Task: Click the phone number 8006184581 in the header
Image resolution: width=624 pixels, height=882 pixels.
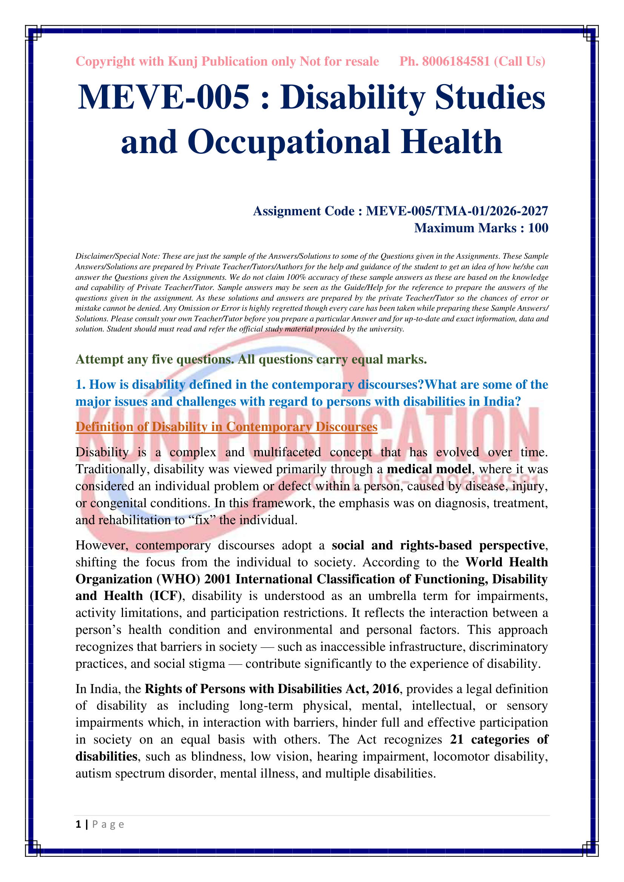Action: (456, 61)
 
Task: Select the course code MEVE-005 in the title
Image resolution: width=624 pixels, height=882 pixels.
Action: (164, 97)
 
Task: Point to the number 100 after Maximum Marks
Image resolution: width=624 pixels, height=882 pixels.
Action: (538, 228)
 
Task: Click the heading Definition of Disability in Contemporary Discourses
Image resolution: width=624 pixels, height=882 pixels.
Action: (226, 427)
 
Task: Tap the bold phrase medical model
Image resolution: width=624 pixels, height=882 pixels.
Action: (429, 469)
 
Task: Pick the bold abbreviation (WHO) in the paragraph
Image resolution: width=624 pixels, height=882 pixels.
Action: (178, 579)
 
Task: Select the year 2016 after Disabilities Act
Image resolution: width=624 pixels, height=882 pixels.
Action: (386, 689)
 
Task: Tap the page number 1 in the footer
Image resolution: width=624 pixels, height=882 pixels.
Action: (78, 824)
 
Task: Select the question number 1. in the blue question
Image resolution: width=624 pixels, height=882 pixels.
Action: (80, 385)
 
